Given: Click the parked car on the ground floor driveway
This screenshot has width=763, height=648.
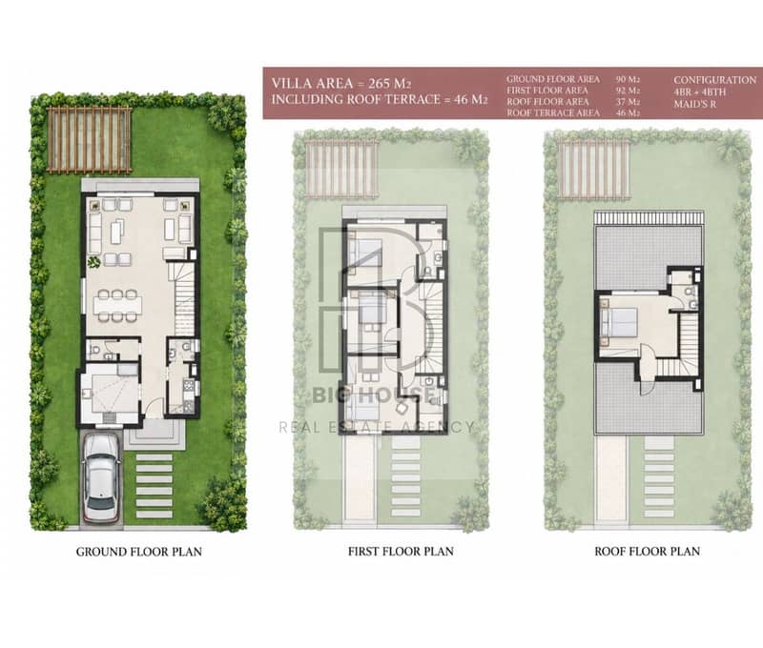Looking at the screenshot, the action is point(101,477).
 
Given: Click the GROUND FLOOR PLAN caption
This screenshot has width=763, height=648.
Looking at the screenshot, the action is point(138,552).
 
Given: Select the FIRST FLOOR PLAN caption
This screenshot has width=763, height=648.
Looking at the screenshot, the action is point(401,551).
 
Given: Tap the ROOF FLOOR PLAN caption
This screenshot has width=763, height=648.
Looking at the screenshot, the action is point(648,551).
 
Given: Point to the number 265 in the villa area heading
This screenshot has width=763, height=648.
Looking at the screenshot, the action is point(380,83).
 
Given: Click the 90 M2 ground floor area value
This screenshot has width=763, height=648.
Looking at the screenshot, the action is point(628,79).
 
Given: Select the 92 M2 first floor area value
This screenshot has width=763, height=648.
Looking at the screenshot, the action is point(628,91).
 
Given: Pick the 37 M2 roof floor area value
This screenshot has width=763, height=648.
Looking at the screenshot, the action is point(628,102).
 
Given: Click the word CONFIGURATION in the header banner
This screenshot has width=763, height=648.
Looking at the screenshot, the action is point(714,80).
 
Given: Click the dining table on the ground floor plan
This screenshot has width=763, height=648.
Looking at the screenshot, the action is point(118,305).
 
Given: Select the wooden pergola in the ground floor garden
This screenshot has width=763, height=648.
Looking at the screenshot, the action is point(89,140).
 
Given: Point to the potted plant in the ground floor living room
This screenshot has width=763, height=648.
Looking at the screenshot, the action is point(93,263).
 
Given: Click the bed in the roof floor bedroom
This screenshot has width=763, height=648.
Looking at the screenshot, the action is point(619,322).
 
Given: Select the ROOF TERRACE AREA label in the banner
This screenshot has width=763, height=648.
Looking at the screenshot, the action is point(553,112).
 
